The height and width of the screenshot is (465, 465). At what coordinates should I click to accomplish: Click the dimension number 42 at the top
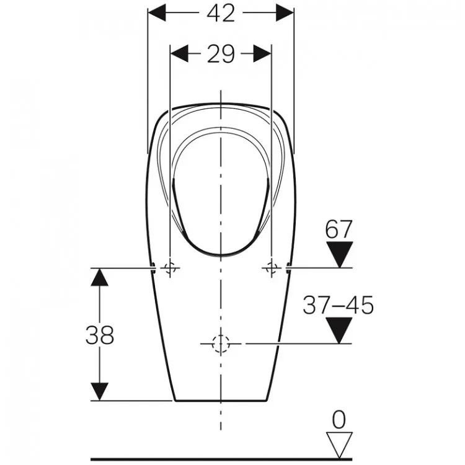221,14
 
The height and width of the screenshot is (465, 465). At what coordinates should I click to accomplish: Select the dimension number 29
221,54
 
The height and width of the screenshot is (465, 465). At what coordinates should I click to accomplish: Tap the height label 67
339,229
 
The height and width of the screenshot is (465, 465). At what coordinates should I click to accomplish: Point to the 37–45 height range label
338,305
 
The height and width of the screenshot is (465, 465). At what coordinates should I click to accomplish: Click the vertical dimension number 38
100,335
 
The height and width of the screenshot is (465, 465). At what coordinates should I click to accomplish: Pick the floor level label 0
339,420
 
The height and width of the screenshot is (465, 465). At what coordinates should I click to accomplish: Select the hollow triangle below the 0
339,445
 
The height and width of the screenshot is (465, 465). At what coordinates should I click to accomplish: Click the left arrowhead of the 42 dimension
157,13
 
